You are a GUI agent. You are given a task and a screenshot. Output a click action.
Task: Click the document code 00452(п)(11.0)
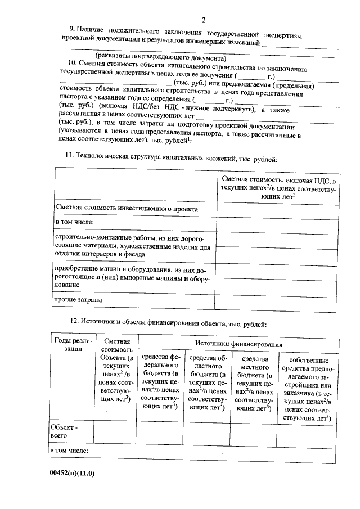(72, 473)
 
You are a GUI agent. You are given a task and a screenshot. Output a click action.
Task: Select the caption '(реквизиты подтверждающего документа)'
(160, 57)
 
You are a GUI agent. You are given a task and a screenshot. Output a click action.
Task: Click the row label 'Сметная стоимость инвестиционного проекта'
(127, 208)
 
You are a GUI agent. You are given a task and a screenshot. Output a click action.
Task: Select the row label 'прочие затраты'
(78, 300)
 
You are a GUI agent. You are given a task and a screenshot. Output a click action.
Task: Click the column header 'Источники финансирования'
(238, 343)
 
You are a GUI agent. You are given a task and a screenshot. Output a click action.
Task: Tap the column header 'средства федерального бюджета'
(160, 382)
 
